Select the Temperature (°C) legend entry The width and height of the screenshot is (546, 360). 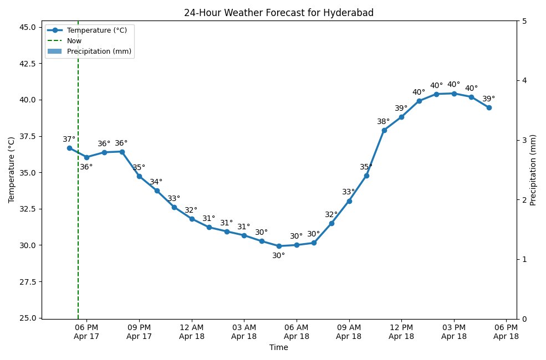pos(96,30)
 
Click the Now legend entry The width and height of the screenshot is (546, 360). pos(74,41)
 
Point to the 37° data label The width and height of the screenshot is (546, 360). pos(69,140)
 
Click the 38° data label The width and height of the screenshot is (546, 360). pos(384,122)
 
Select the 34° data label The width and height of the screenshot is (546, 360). pos(156,182)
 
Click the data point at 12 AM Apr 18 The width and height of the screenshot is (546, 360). pos(192,219)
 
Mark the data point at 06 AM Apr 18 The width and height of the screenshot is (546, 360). pos(297,245)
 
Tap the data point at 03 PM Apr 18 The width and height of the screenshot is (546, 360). pos(454,94)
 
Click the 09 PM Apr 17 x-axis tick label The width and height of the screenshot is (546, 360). pos(139,332)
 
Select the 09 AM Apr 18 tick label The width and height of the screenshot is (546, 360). pos(349,332)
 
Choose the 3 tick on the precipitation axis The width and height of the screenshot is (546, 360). pos(524,140)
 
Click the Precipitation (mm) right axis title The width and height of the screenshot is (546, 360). pos(533,170)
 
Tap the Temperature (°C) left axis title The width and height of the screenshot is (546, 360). pos(12,170)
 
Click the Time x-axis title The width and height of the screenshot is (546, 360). pos(279,348)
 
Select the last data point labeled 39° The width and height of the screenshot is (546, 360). pos(489,107)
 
